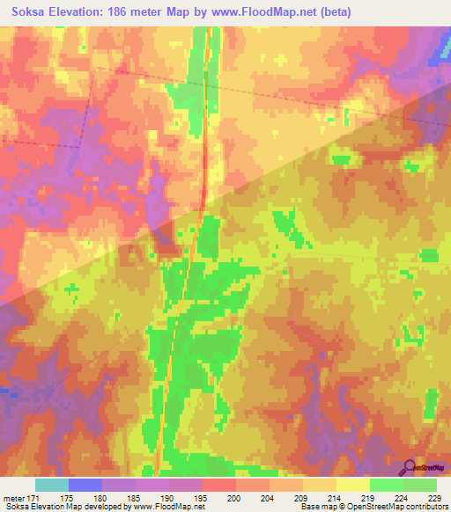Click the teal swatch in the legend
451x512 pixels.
[52, 485]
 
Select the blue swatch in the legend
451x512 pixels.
[85, 485]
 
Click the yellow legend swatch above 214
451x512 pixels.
[320, 485]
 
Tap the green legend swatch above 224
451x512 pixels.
[387, 485]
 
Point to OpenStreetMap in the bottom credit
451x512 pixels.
[358, 508]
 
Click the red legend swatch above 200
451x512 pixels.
[219, 485]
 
